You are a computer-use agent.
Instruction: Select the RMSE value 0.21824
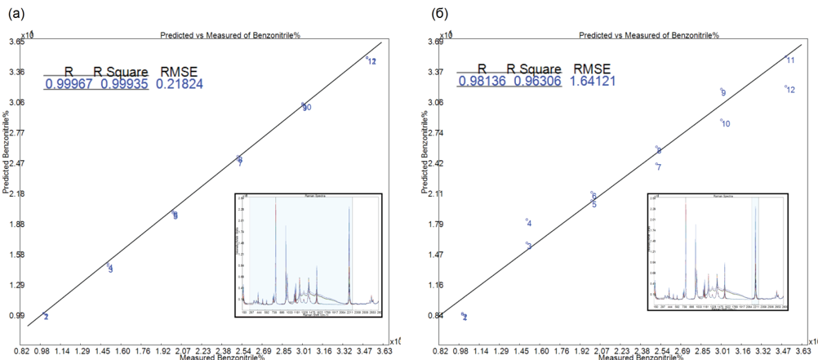(180, 83)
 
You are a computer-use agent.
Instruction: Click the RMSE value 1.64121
(592, 81)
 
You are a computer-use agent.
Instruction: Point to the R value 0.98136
(482, 81)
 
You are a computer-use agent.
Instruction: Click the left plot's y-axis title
(6, 175)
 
